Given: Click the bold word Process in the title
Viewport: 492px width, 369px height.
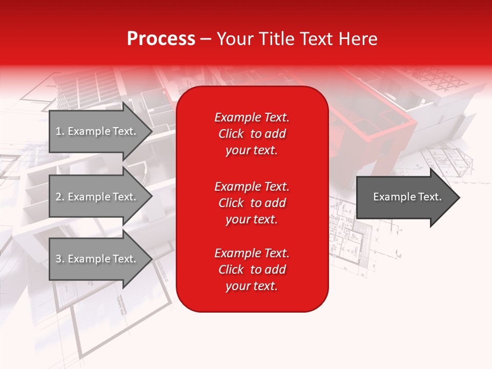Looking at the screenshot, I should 161,39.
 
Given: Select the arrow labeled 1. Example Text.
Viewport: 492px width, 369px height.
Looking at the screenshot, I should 97,131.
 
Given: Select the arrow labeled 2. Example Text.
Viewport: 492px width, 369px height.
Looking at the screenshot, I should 97,197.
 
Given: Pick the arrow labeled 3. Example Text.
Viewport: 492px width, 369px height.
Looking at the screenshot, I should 97,259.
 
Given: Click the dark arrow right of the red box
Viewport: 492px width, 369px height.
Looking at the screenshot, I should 405,197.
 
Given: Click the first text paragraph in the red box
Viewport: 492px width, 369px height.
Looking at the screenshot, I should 252,134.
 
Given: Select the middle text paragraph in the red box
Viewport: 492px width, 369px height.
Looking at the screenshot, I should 252,203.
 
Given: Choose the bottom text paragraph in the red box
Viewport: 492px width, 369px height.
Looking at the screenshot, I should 252,270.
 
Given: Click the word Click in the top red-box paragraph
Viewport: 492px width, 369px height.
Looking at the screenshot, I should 231,134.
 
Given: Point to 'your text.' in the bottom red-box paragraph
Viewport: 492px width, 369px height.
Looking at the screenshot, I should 252,286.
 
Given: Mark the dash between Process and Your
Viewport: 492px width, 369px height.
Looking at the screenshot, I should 206,39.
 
